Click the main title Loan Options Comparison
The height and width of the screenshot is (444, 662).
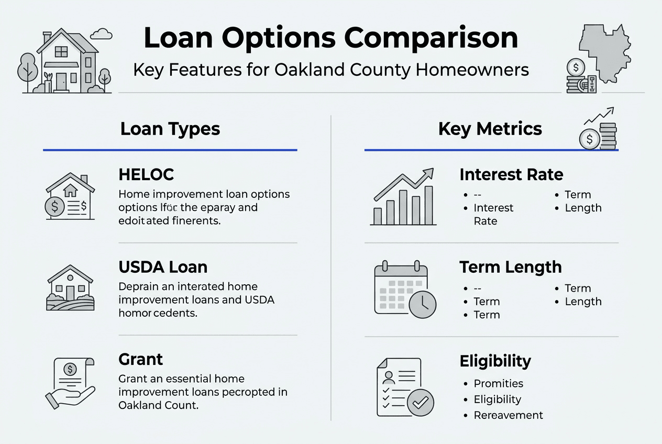pyautogui.click(x=330, y=38)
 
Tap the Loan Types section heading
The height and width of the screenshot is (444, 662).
pyautogui.click(x=170, y=129)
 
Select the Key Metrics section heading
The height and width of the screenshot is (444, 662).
pyautogui.click(x=490, y=129)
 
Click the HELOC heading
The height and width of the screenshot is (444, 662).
pyautogui.click(x=146, y=174)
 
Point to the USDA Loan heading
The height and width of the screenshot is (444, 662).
pyautogui.click(x=163, y=267)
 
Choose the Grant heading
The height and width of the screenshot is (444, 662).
pyautogui.click(x=141, y=359)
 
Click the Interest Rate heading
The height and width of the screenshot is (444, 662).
pyautogui.click(x=511, y=174)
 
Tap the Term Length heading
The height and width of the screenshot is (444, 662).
pyautogui.click(x=510, y=267)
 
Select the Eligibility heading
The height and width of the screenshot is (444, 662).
pyautogui.click(x=495, y=361)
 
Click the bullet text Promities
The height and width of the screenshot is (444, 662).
pyautogui.click(x=498, y=384)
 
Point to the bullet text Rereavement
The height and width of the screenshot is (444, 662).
pyautogui.click(x=508, y=415)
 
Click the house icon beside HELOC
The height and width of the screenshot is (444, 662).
pyautogui.click(x=70, y=197)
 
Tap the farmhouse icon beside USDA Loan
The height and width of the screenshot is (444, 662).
pyautogui.click(x=70, y=288)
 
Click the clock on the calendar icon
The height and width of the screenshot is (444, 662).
pyautogui.click(x=422, y=304)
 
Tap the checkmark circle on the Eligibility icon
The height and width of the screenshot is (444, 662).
pyautogui.click(x=420, y=403)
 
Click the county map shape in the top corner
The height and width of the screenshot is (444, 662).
pyautogui.click(x=605, y=52)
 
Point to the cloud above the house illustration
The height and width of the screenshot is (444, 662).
pyautogui.click(x=101, y=35)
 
